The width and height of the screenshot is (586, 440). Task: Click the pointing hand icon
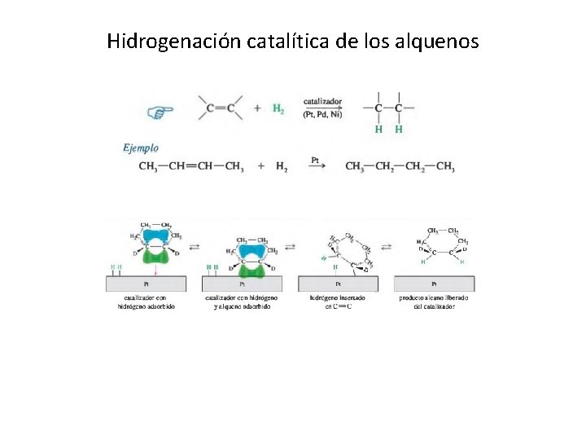[160, 112]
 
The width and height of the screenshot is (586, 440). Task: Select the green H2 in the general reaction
[278, 108]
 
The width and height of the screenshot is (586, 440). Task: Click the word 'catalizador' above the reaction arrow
[322, 102]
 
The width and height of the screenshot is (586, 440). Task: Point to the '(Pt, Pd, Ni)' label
[322, 114]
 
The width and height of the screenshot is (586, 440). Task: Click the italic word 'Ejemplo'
[141, 148]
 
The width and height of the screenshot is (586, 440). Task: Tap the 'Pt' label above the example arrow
[315, 160]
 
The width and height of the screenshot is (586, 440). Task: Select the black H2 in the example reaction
[281, 167]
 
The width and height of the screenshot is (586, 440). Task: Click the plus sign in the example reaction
[260, 166]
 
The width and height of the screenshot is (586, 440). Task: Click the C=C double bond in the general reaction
[221, 108]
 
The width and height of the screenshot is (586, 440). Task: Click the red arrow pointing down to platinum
[155, 271]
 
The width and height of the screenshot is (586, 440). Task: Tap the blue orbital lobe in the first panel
[154, 236]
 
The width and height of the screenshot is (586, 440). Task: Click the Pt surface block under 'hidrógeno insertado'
[338, 284]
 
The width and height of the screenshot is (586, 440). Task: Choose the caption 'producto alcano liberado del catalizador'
[434, 302]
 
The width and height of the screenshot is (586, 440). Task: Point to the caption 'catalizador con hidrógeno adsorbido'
[146, 302]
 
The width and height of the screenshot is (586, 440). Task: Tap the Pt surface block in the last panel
[434, 284]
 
